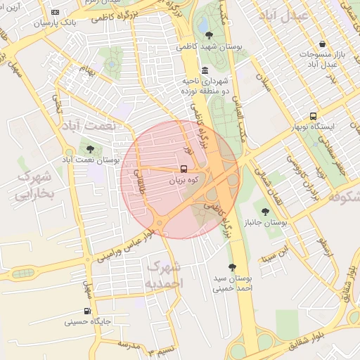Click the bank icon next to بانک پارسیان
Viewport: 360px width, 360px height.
pos(56,12)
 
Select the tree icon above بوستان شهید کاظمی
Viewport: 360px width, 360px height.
pos(208,34)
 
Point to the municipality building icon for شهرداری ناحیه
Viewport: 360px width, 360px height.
pos(204,70)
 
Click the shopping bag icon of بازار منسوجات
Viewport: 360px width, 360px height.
pos(322,44)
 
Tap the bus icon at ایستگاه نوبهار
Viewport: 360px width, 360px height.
pos(313,116)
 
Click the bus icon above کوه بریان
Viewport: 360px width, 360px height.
pos(184,169)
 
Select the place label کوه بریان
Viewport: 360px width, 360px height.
pos(184,180)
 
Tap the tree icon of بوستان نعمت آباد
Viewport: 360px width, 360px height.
pos(89,148)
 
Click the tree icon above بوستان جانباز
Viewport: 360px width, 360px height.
pos(265,211)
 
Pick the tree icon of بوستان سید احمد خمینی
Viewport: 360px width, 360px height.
pos(232,266)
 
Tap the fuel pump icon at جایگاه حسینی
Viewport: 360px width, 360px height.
pos(87,311)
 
